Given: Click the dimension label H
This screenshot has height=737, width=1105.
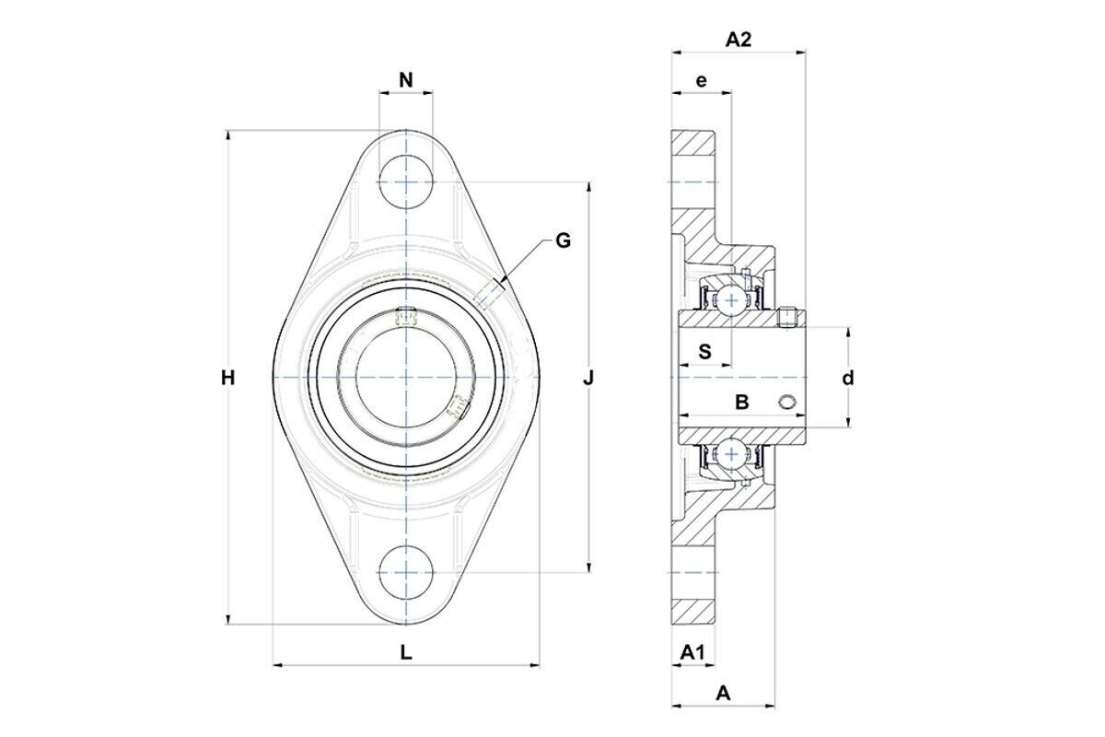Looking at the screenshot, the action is click(x=227, y=379).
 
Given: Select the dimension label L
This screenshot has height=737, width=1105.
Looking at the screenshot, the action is click(x=405, y=652).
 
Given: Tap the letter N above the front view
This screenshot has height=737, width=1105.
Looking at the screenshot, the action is click(x=406, y=80).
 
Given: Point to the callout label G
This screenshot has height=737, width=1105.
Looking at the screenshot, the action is click(x=563, y=240).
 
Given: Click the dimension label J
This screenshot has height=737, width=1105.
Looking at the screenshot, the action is click(x=588, y=379).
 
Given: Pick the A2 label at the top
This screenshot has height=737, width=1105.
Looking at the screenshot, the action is click(x=739, y=40).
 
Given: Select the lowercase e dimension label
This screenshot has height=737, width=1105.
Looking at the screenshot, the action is click(x=701, y=80).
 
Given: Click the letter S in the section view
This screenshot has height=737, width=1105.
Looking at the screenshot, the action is click(x=705, y=352).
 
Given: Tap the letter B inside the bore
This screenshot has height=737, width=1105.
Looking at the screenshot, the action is click(x=742, y=403).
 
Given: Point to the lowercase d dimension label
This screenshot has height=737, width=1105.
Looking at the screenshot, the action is click(x=848, y=378).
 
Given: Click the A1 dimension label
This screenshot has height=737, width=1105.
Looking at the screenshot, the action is click(x=693, y=652).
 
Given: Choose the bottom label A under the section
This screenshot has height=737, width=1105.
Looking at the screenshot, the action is click(x=723, y=694).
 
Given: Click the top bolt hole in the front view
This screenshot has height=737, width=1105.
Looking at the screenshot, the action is click(x=406, y=182).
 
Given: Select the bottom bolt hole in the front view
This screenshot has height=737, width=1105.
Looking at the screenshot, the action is click(x=406, y=572).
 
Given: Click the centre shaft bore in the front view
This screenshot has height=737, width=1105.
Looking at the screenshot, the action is click(x=406, y=377).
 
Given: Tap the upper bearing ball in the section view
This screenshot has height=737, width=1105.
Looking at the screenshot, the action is click(x=731, y=300).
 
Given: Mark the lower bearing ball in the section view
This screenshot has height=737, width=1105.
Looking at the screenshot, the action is click(x=731, y=454).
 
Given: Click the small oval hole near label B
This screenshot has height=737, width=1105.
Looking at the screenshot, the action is click(x=786, y=402).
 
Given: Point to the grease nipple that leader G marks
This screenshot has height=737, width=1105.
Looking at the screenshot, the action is click(x=487, y=294).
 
